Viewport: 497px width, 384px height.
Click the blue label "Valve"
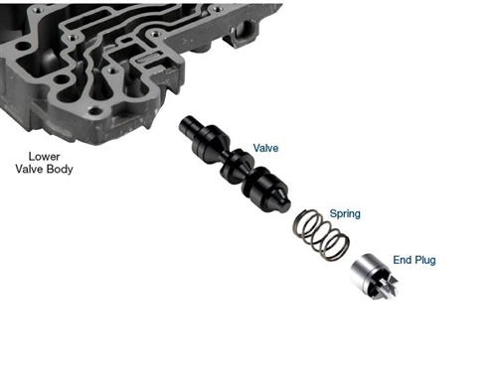[265, 148]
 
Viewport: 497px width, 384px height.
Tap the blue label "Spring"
[345, 213]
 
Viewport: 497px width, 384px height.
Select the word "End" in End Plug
[403, 260]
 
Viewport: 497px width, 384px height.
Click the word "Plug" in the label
[425, 260]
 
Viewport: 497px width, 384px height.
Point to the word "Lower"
[44, 156]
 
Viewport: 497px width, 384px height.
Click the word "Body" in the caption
[60, 170]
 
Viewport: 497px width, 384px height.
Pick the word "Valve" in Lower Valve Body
[29, 169]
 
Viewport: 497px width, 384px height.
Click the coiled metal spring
[321, 234]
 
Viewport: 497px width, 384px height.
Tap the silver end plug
[374, 277]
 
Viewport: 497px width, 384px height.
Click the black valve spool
[235, 164]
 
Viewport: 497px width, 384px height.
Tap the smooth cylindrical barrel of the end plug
[364, 269]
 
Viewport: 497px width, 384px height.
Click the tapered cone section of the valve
[221, 145]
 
